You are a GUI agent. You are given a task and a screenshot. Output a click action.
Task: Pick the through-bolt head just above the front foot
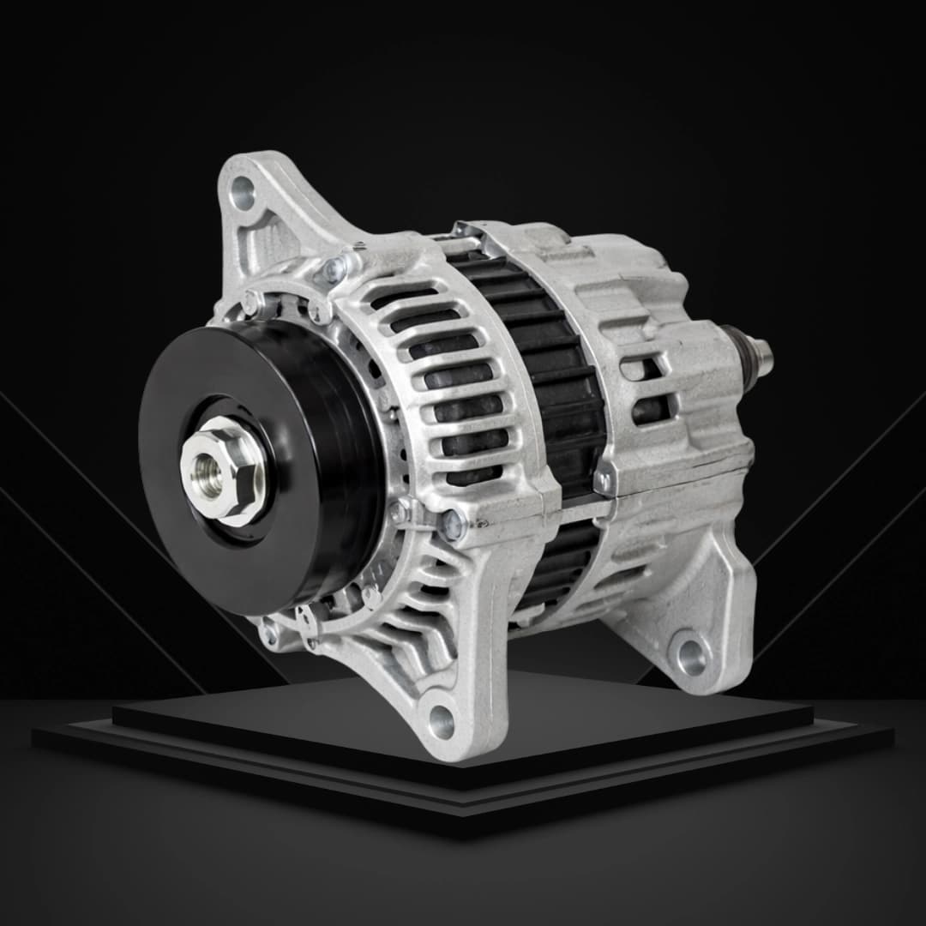tap(452, 523)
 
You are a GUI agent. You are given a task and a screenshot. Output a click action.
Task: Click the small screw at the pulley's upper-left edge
tap(251, 301)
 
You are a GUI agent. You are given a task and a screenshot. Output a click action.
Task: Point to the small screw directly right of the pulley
tap(399, 512)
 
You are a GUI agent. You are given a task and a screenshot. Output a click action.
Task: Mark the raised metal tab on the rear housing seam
tap(605, 480)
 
